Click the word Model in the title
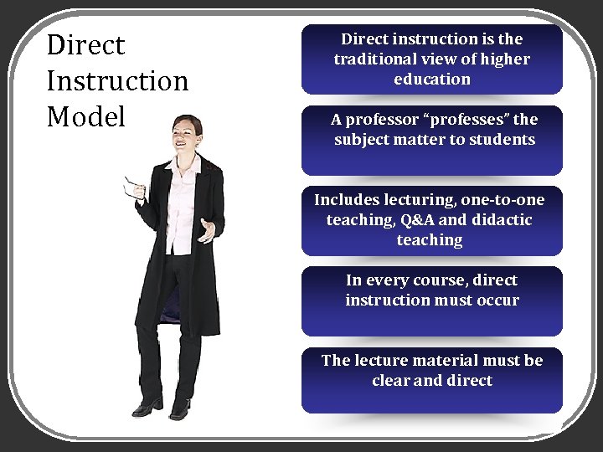(86, 117)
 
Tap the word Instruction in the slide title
(117, 81)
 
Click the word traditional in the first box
(374, 59)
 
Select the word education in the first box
(432, 79)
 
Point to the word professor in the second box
(380, 119)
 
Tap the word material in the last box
(464, 360)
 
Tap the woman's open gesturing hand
(206, 230)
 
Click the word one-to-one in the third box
(502, 199)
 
